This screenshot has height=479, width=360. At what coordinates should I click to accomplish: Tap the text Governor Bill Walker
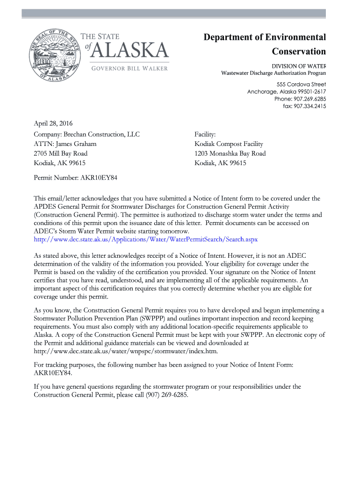tap(129, 69)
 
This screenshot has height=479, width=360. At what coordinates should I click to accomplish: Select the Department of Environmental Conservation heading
tap(265, 44)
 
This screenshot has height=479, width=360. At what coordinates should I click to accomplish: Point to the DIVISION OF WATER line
tap(299, 66)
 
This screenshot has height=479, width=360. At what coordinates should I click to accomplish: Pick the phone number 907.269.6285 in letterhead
tap(307, 99)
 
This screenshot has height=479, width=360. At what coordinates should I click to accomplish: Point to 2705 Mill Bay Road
tap(60, 153)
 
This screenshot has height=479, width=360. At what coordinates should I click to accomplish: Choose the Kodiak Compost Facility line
tap(229, 144)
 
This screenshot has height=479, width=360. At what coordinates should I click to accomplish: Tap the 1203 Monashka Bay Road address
tap(230, 153)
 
